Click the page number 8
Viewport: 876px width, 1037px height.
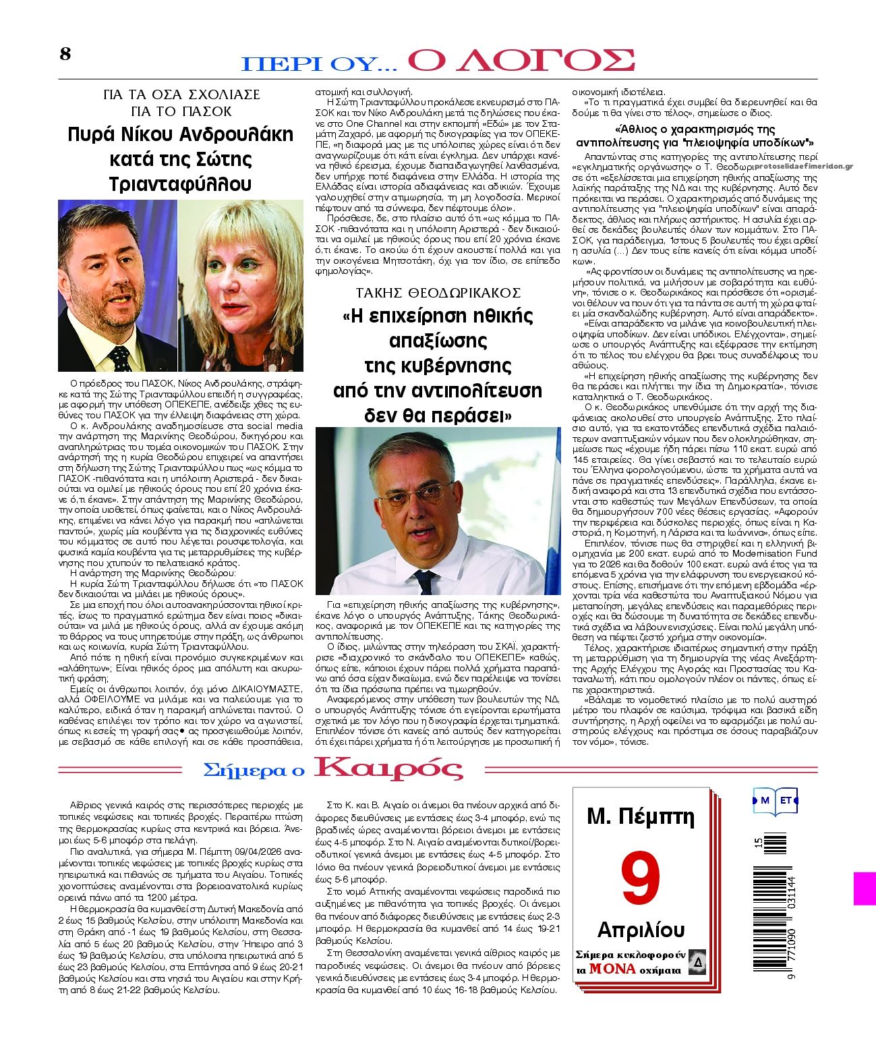(65, 54)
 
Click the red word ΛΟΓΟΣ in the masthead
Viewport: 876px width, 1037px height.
(522, 60)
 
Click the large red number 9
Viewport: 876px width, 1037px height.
(640, 880)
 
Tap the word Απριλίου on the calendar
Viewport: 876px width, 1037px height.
(641, 930)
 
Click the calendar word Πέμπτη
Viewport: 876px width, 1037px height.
(662, 817)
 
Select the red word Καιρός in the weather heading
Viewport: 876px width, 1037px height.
(389, 768)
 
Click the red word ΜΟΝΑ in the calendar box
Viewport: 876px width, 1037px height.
(612, 969)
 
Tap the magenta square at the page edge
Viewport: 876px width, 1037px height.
(865, 888)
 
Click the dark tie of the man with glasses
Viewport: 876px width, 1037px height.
(426, 581)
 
